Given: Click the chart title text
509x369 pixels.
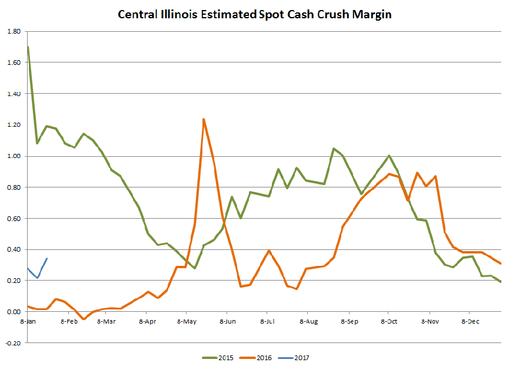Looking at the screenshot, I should point(255,14).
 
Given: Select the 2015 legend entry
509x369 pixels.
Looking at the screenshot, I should point(219,358).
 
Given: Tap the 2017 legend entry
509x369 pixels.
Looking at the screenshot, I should point(299,358).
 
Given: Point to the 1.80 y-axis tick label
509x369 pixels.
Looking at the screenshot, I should point(14,31).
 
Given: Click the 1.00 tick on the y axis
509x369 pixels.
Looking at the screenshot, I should point(14,156).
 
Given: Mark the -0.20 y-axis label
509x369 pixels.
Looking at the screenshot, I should point(14,342).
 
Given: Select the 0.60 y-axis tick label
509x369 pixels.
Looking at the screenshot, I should point(14,218).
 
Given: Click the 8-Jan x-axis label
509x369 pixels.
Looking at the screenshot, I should point(27,322).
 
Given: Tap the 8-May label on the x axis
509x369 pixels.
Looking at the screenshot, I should point(187,322).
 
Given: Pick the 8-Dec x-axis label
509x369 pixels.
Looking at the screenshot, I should point(469,322).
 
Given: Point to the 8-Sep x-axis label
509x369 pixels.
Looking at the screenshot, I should point(348,322).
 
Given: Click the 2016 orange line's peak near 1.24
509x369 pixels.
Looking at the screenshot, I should point(204,119).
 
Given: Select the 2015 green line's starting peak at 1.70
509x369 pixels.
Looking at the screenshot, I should point(28,47).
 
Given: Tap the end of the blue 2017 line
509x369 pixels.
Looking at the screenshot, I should point(47,258).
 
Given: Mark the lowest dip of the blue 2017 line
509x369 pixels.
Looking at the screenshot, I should point(38,278).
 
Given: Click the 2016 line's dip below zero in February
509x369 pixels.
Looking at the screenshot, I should point(84,319).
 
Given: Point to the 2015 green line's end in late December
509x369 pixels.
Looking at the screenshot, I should point(501,282).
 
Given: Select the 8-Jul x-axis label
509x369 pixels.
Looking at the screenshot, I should point(268,322).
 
